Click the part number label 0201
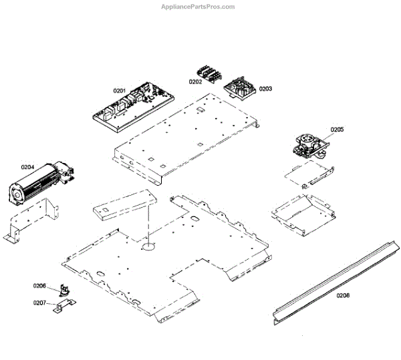(119, 90)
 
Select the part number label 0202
(195, 81)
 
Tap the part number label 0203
(265, 88)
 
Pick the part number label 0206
(39, 286)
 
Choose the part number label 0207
(39, 303)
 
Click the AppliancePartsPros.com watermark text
(198, 7)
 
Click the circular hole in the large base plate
(148, 246)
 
